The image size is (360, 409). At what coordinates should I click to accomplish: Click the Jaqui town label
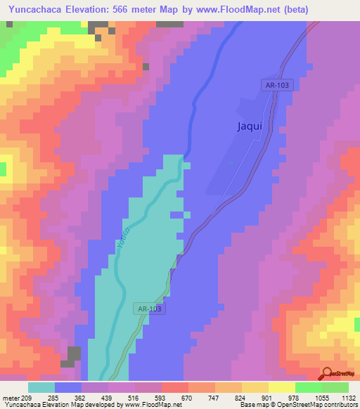(248, 127)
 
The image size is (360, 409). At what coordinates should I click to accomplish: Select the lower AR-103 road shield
(149, 308)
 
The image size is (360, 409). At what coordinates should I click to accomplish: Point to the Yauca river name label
(122, 238)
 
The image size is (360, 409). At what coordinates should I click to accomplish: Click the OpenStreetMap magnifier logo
(327, 374)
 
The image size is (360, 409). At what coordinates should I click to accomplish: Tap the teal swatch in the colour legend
(41, 387)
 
